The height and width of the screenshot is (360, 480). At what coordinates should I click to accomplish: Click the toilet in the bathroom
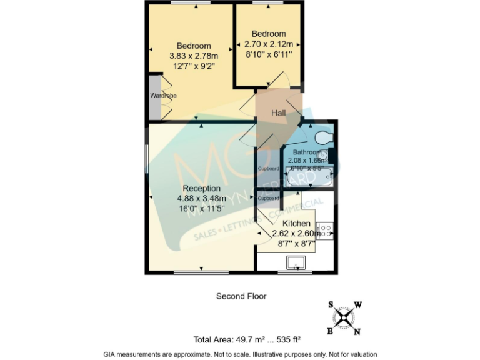pos(324,137)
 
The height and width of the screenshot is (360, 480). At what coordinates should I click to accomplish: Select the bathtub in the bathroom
pos(309,178)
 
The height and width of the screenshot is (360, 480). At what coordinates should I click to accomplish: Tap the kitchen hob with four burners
pos(325,231)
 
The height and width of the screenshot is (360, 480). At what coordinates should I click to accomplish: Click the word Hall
pos(278,112)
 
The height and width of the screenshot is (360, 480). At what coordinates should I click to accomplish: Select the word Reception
pos(201,188)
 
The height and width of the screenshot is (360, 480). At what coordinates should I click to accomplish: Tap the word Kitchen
pos(296,223)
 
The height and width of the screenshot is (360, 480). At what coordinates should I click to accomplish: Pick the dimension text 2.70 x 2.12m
pos(269,44)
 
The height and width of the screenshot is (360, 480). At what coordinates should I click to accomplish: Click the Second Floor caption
pos(241,296)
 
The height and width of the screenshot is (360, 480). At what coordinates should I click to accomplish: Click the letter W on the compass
pos(358,305)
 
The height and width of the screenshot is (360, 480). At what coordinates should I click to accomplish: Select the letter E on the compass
pos(329,331)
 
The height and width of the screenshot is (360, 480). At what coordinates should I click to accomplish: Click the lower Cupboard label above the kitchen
pos(268,198)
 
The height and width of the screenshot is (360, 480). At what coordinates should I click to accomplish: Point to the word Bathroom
pos(307,152)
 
